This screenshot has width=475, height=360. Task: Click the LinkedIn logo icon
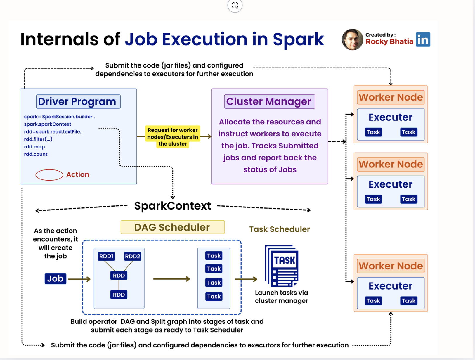423,39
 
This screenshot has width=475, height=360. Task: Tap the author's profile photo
352,39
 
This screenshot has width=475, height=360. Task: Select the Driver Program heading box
78,101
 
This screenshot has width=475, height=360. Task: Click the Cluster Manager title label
269,101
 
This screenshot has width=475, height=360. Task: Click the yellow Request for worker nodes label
172,137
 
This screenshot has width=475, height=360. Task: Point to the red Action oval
49,175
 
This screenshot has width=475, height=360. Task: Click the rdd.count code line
36,154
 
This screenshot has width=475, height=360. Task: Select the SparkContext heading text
172,206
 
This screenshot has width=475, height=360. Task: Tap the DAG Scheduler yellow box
172,227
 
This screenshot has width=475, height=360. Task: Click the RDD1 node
106,256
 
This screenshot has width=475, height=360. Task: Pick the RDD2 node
132,256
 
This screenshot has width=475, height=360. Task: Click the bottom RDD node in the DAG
119,295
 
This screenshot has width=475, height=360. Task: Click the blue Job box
55,278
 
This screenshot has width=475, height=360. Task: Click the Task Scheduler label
279,229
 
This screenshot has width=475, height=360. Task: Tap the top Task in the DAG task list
214,256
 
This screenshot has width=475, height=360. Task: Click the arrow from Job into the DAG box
79,279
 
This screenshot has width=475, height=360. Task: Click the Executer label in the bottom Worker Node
390,286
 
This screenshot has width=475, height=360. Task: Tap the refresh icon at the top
235,5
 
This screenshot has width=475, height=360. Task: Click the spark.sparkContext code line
47,124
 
